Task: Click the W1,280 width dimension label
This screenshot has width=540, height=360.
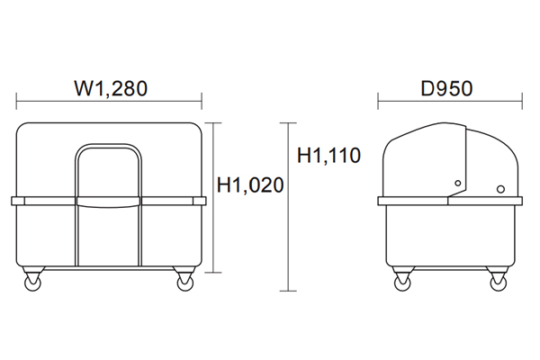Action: [x=111, y=88]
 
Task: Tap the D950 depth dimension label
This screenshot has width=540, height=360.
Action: [x=446, y=88]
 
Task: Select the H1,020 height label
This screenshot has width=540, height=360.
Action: [x=250, y=185]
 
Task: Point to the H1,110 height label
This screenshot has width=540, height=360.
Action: [x=328, y=155]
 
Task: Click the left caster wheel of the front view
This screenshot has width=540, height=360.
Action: [x=32, y=283]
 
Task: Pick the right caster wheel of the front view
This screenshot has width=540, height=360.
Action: [x=185, y=283]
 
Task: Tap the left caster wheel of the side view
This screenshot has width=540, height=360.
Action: [x=402, y=283]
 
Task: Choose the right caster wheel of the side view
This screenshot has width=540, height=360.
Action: [x=499, y=283]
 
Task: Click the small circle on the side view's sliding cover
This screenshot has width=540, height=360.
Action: [x=458, y=184]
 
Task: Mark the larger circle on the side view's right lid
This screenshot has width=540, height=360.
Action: [x=501, y=189]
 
